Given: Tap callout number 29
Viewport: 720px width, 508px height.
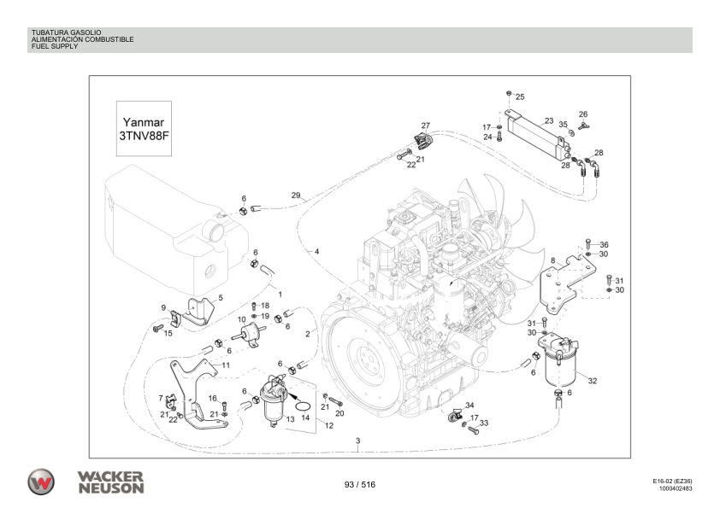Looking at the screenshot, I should (295, 196).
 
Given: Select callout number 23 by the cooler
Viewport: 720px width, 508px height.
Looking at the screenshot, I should (549, 121).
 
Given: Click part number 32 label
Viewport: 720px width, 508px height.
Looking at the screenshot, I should (592, 381).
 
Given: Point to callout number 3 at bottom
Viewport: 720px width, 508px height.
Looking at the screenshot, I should (357, 441).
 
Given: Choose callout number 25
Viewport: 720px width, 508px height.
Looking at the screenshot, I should (520, 96).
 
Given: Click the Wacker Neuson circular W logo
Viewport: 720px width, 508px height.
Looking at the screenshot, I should (41, 482).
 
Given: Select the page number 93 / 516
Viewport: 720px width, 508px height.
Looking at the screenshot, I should (359, 484).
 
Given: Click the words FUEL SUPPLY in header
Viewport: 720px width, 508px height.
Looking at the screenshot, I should (54, 46).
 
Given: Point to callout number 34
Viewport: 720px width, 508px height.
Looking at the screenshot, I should (469, 406).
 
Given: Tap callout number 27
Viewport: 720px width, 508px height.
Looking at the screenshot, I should (425, 126).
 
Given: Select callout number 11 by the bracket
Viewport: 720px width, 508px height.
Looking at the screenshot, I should (227, 365).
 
